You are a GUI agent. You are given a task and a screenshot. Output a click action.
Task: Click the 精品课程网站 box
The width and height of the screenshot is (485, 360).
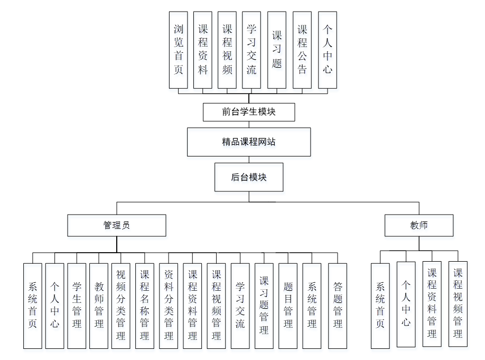pyautogui.click(x=248, y=142)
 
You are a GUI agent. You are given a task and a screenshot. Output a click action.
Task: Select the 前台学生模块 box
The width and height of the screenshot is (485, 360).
pyautogui.click(x=248, y=112)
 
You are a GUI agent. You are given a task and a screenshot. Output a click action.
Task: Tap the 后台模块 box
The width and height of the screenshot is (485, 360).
pyautogui.click(x=248, y=177)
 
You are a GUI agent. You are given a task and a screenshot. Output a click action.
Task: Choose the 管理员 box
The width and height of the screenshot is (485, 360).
pyautogui.click(x=116, y=225)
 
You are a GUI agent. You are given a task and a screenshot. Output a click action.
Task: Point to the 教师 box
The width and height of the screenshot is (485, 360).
pyautogui.click(x=418, y=225)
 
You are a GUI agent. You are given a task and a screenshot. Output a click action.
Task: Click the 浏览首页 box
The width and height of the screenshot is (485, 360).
pyautogui.click(x=178, y=50)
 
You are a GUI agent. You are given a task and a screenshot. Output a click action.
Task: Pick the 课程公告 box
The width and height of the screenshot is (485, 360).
pyautogui.click(x=302, y=50)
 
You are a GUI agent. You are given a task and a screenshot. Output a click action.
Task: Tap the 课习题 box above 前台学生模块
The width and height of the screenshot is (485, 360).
pyautogui.click(x=277, y=50)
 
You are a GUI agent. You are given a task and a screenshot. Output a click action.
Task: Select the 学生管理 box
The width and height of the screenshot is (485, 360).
pyautogui.click(x=77, y=306)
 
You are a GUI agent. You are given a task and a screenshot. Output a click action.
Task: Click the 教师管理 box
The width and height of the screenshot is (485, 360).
pyautogui.click(x=99, y=306)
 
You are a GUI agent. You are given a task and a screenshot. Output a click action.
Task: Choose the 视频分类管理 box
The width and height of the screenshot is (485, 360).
pyautogui.click(x=121, y=306)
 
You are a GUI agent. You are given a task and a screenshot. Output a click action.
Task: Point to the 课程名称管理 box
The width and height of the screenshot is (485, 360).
pyautogui.click(x=144, y=306)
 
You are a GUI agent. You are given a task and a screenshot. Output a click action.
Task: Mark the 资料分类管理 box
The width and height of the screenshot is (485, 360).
pyautogui.click(x=169, y=306)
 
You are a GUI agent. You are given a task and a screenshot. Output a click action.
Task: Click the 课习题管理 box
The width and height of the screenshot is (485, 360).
pyautogui.click(x=264, y=306)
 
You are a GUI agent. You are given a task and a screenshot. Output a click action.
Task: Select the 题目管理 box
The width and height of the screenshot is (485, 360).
pyautogui.click(x=288, y=306)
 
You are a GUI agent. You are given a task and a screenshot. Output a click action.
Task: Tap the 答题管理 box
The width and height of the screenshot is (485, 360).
pyautogui.click(x=338, y=306)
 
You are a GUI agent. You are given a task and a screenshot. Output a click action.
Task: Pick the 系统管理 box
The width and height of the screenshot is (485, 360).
pyautogui.click(x=312, y=306)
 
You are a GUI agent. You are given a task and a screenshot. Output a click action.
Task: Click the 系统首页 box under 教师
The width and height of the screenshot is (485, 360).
pyautogui.click(x=380, y=306)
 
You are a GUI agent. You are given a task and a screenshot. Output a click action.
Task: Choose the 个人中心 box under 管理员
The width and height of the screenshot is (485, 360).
pyautogui.click(x=54, y=306)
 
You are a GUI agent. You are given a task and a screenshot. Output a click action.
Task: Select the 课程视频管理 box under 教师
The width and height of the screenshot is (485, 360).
pyautogui.click(x=458, y=304)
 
